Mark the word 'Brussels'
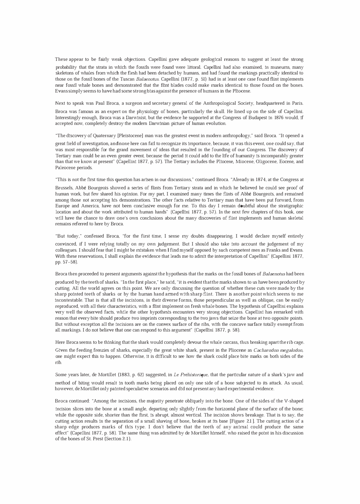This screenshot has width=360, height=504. (x=64, y=188)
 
